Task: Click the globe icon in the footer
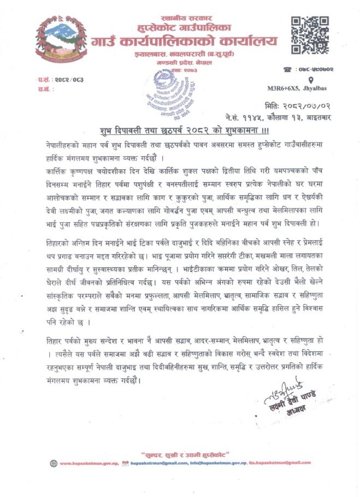pyautogui.click(x=53, y=463)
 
